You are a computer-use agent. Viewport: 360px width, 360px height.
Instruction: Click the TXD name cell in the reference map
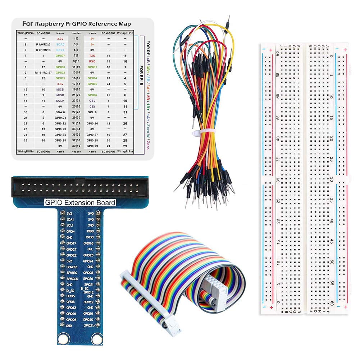92,56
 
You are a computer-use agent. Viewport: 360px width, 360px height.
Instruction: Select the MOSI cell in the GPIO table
60,89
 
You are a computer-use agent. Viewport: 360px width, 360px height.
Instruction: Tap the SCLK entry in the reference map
60,101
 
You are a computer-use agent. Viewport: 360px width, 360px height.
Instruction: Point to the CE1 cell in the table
92,106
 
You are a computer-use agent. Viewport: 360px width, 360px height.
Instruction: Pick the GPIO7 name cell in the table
60,56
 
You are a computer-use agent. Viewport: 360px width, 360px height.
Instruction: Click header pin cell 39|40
76,146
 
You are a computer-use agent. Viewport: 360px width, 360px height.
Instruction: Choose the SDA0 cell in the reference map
60,44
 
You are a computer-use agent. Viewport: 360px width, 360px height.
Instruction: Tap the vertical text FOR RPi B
140,76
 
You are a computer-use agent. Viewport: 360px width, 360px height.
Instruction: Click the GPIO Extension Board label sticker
80,202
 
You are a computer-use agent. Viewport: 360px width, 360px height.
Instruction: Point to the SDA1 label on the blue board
70,219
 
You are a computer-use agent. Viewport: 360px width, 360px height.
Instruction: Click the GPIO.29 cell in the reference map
92,146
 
